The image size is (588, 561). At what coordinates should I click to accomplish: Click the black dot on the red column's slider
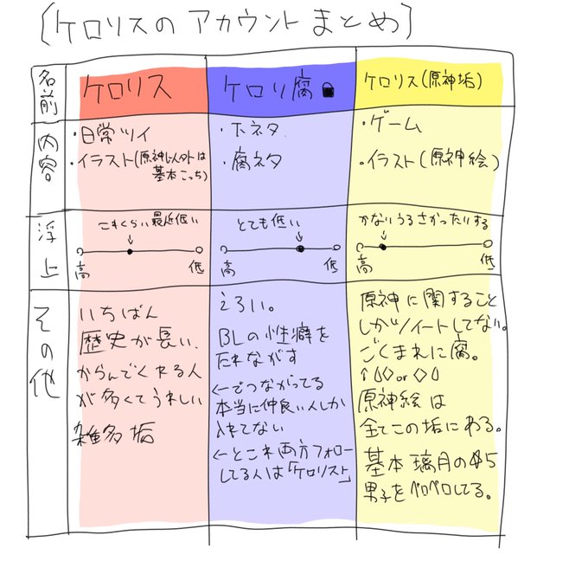[x=129, y=252]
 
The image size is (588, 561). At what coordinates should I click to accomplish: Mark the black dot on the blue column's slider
[x=300, y=249]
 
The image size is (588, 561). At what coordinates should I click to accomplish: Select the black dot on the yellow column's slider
[x=381, y=247]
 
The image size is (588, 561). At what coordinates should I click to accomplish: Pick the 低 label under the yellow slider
[x=488, y=261]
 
